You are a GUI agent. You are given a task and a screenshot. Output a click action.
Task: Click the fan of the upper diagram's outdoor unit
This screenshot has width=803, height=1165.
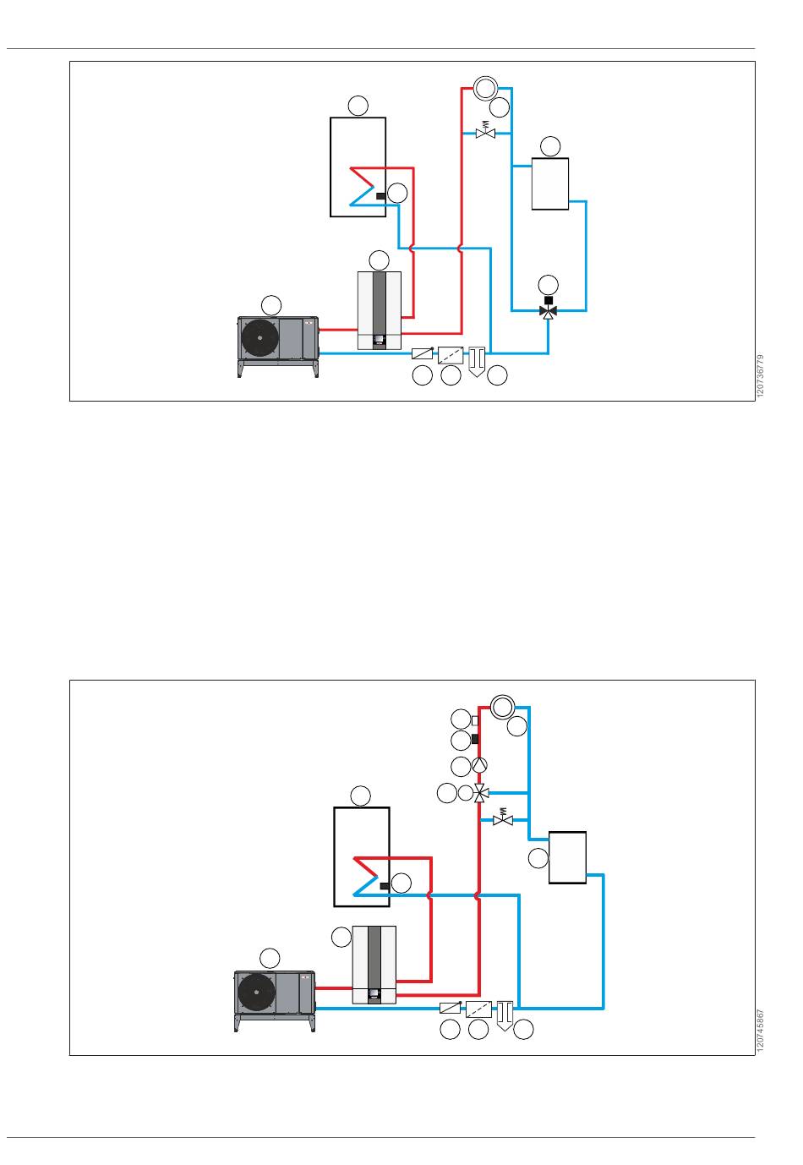tap(259, 338)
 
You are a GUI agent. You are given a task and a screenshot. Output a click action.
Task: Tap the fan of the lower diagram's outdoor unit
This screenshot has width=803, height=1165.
tap(256, 992)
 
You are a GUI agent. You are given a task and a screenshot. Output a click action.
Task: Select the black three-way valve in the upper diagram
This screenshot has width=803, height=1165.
tap(549, 311)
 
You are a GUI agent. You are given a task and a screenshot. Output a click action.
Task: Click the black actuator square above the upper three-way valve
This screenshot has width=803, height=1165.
tap(549, 300)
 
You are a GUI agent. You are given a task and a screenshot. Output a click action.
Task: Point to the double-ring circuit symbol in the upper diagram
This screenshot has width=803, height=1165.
tap(485, 88)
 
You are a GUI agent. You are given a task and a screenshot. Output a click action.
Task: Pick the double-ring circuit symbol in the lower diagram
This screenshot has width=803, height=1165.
tap(503, 707)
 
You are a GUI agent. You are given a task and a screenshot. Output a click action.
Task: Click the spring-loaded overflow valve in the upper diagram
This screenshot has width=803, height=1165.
tap(485, 130)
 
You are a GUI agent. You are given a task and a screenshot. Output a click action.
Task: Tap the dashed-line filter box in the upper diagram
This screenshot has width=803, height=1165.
tap(451, 356)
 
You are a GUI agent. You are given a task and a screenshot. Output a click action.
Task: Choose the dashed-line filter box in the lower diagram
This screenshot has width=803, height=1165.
tap(478, 1009)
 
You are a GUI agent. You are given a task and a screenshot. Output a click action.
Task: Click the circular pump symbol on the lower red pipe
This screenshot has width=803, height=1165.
tap(479, 764)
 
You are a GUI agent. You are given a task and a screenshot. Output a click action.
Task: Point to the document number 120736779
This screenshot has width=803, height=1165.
tap(760, 376)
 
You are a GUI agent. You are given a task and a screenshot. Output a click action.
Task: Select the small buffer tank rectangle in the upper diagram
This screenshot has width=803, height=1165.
tap(549, 184)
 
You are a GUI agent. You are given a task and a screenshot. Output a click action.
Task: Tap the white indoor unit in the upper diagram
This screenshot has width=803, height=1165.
tap(380, 310)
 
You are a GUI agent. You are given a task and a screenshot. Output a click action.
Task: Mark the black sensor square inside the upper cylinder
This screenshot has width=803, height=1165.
tap(380, 196)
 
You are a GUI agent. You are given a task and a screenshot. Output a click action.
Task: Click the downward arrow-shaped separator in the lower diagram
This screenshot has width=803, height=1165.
tap(505, 1015)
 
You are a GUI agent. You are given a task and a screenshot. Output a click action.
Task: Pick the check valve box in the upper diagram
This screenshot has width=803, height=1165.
tap(422, 353)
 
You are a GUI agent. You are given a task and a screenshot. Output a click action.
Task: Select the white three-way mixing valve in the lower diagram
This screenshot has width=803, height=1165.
tap(481, 793)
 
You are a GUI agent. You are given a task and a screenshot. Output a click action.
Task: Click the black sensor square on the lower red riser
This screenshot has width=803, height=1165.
tap(475, 739)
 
